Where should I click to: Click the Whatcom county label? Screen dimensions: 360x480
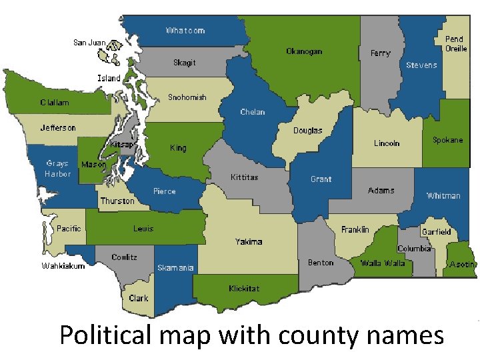click(185, 31)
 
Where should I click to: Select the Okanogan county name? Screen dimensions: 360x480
click(304, 51)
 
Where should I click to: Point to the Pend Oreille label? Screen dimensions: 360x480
click(456, 44)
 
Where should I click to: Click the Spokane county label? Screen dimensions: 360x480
click(447, 140)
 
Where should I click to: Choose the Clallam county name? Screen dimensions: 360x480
click(54, 103)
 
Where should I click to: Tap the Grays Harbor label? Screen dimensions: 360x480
click(57, 169)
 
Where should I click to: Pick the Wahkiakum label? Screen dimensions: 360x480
click(63, 266)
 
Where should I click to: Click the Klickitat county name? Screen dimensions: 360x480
click(244, 289)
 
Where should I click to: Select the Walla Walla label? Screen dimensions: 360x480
click(383, 263)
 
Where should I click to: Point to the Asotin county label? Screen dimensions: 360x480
click(463, 265)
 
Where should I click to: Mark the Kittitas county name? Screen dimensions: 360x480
click(244, 177)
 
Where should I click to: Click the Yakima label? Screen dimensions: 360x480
click(249, 241)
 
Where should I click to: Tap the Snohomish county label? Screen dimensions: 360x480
click(187, 97)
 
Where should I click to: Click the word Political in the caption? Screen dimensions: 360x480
click(105, 334)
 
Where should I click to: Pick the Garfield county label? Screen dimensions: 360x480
click(436, 232)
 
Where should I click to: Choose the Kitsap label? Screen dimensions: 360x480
click(123, 144)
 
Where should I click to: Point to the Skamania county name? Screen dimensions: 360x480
click(175, 268)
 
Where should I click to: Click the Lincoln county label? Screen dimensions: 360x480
click(387, 143)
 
